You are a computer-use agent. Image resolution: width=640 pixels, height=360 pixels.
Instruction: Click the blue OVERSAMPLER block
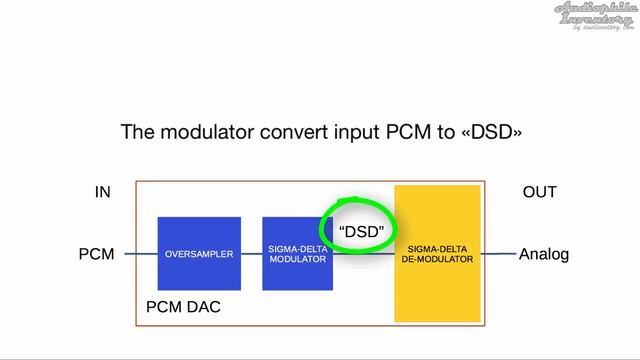pos(199,254)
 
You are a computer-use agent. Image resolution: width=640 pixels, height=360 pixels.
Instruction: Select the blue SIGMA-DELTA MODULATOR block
pos(297,254)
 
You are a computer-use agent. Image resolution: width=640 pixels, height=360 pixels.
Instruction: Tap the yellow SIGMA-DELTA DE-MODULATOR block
pos(438,253)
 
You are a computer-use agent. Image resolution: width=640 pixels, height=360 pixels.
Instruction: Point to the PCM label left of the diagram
pos(97,255)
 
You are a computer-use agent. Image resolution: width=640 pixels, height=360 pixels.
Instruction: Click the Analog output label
pos(543,255)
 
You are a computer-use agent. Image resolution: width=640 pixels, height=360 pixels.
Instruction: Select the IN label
pos(103,192)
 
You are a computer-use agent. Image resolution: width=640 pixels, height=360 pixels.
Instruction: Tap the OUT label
pos(539,192)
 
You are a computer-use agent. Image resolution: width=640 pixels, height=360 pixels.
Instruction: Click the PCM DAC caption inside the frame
pos(183,307)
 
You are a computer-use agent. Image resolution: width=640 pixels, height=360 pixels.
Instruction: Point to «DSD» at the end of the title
pos(490,131)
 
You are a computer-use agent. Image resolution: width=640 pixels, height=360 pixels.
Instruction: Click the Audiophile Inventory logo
pos(596,16)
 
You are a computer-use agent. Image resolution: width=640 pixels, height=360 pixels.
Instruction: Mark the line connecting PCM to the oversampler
pos(141,254)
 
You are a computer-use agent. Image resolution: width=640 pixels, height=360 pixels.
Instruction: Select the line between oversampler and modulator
pos(252,254)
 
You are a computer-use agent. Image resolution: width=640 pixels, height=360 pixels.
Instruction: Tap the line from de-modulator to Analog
pos(499,254)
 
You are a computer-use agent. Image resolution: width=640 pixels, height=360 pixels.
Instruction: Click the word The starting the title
pos(137,131)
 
